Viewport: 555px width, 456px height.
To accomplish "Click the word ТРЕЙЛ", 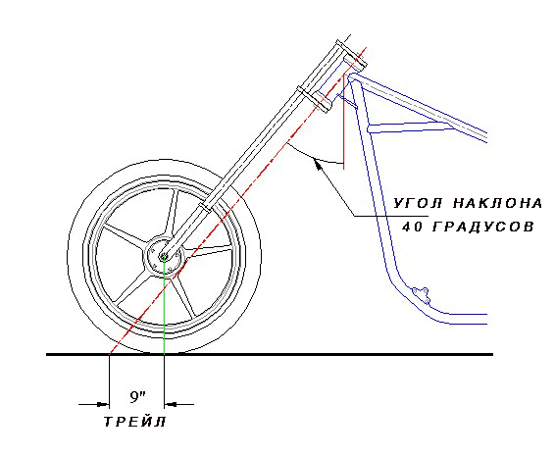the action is pyautogui.click(x=135, y=422).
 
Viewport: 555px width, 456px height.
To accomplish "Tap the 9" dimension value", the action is pyautogui.click(x=137, y=397).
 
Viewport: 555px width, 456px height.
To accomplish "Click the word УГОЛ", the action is pyautogui.click(x=419, y=203).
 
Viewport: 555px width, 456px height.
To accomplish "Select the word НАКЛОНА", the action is pyautogui.click(x=497, y=203).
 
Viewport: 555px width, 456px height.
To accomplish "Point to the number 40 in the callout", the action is pyautogui.click(x=411, y=227).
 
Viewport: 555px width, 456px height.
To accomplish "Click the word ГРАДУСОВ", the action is pyautogui.click(x=483, y=227).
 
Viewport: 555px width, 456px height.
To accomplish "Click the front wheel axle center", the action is pyautogui.click(x=164, y=256).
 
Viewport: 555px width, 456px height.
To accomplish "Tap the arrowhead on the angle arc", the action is pyautogui.click(x=319, y=164).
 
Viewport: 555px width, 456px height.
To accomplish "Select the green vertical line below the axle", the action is pyautogui.click(x=164, y=306).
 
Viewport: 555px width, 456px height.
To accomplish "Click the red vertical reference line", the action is pyautogui.click(x=344, y=122).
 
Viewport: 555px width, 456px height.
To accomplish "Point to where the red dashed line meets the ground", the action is pyautogui.click(x=110, y=354).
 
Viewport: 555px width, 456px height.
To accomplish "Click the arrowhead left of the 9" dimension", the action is pyautogui.click(x=103, y=404).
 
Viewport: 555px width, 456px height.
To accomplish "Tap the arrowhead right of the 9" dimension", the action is pyautogui.click(x=171, y=404).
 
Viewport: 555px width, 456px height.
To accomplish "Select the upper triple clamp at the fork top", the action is pyautogui.click(x=351, y=54).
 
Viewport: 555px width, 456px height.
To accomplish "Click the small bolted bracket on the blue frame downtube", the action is pyautogui.click(x=421, y=295).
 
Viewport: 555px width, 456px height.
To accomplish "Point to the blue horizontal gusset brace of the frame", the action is pyautogui.click(x=411, y=127).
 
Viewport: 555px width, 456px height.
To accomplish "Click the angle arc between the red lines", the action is pyautogui.click(x=315, y=157).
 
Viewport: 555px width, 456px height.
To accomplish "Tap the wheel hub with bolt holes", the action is pyautogui.click(x=164, y=256).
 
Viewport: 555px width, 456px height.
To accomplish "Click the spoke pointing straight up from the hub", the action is pyautogui.click(x=173, y=213).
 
